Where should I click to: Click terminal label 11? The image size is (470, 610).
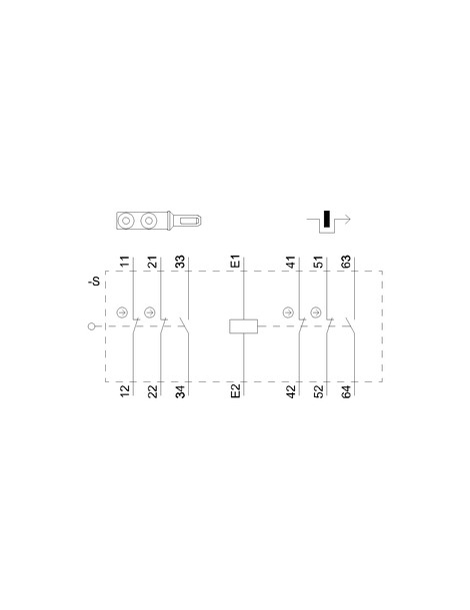tap(124, 262)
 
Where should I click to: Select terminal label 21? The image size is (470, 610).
tap(153, 262)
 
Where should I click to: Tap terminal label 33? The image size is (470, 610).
tap(180, 262)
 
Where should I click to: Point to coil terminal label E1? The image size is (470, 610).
tap(236, 262)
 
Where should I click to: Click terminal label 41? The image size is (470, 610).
tap(291, 262)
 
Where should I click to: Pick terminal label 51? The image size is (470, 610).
tap(318, 262)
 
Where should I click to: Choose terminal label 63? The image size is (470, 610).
tap(346, 262)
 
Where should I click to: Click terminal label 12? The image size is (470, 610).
tap(124, 390)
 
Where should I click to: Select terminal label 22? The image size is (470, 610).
tap(153, 390)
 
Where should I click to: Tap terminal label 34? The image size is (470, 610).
tap(180, 390)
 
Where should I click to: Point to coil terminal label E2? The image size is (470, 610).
tap(236, 390)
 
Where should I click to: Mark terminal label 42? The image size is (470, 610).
tap(291, 390)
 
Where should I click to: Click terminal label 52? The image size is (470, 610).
tap(318, 390)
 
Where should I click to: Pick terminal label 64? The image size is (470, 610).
tap(346, 390)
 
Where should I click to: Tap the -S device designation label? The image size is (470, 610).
tap(95, 281)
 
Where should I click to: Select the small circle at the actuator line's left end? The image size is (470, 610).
tap(92, 326)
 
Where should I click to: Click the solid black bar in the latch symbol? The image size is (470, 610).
tap(327, 219)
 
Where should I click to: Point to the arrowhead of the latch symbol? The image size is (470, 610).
tap(348, 220)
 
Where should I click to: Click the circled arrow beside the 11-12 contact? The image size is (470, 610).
tap(122, 312)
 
